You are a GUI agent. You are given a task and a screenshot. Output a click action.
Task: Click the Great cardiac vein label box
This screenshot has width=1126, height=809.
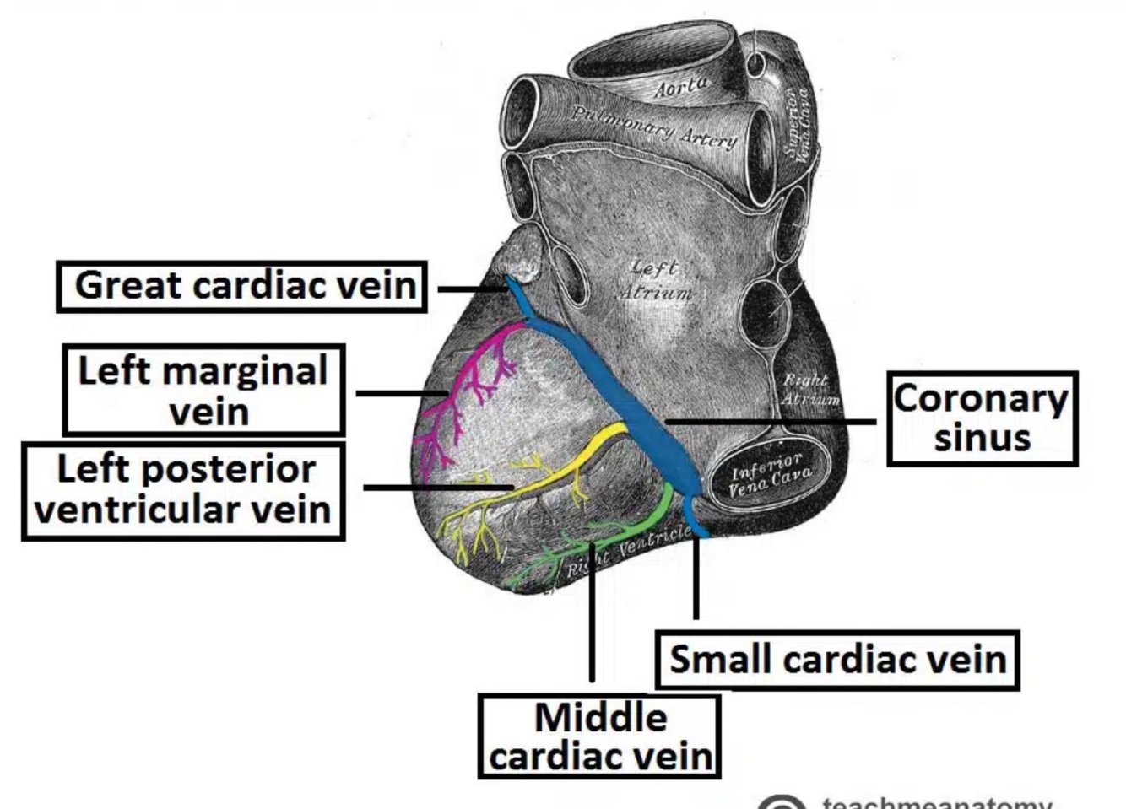click(242, 286)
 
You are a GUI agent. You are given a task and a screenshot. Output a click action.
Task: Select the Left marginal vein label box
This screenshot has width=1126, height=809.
click(203, 390)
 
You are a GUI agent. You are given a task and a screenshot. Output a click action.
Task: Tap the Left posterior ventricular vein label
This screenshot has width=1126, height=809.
click(183, 490)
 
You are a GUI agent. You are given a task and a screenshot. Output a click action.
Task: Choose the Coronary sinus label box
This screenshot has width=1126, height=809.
click(982, 418)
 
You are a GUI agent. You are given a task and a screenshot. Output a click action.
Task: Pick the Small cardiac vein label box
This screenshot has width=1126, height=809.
click(837, 659)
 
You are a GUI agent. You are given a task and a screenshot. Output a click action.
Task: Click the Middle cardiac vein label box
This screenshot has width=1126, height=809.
click(599, 736)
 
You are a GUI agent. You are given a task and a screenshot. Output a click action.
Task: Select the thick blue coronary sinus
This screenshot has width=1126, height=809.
click(625, 396)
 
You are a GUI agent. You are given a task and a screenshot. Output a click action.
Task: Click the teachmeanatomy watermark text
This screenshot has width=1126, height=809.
click(937, 802)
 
